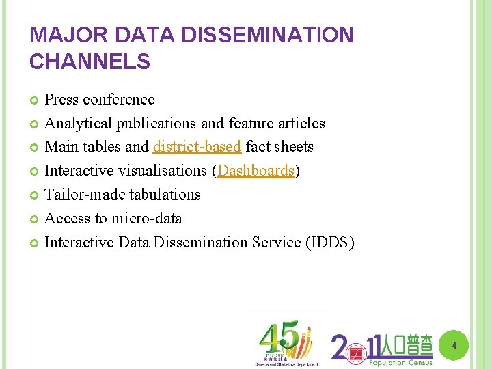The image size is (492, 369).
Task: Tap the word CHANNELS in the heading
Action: pos(90,62)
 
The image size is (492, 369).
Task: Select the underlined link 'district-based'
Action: pos(197,147)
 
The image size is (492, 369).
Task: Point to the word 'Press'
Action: pos(61,100)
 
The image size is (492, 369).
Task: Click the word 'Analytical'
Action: pos(78,124)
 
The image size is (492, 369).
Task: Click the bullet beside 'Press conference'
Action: pos(35,100)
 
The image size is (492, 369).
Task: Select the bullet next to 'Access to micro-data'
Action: pos(35,219)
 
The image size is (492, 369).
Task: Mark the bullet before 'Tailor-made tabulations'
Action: pos(35,195)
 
